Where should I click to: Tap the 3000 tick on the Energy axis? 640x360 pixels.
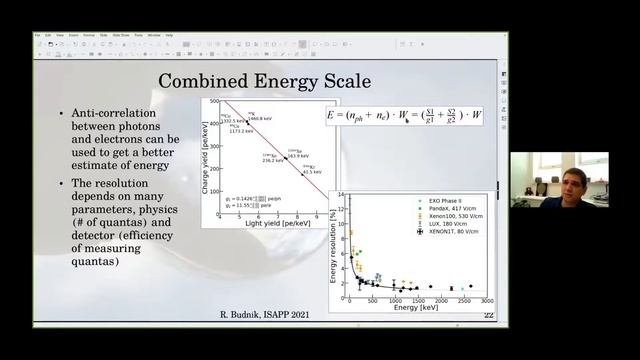486,300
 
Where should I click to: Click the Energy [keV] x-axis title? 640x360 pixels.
414,308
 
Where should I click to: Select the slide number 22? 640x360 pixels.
488,316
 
